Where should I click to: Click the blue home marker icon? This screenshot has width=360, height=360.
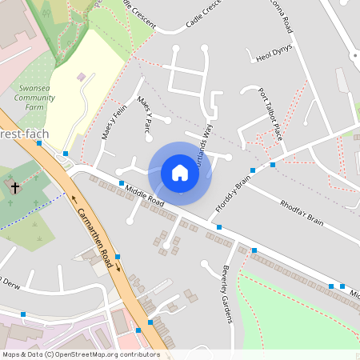pyautogui.click(x=180, y=173)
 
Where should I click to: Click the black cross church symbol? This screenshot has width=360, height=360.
pyautogui.click(x=14, y=187)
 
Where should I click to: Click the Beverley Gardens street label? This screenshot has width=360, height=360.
pyautogui.click(x=226, y=294)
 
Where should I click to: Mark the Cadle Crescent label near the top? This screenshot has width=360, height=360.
pyautogui.click(x=203, y=17)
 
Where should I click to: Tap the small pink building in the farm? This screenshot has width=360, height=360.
pyautogui.click(x=81, y=77)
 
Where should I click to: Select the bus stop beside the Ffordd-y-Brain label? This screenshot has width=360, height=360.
pyautogui.click(x=252, y=170)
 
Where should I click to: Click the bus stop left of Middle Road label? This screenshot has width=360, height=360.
pyautogui.click(x=122, y=183)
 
